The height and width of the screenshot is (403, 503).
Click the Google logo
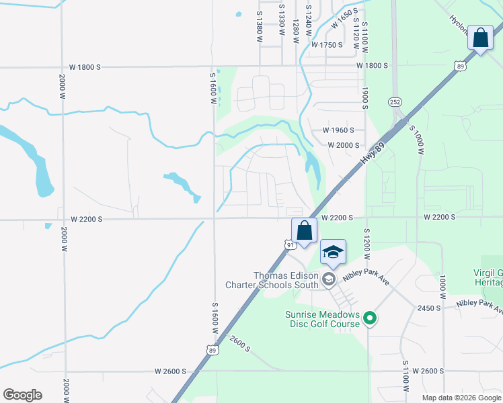pyautogui.click(x=22, y=395)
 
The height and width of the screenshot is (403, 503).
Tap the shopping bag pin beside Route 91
pyautogui.click(x=304, y=230)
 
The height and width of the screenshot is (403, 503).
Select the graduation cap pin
pyautogui.click(x=333, y=253)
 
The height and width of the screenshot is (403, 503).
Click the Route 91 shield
pyautogui.click(x=291, y=246)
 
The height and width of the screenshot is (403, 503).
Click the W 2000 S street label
pyautogui.click(x=344, y=145)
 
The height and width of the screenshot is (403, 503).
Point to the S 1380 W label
pyautogui.click(x=259, y=28)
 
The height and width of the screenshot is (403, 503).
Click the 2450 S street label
pyautogui.click(x=428, y=308)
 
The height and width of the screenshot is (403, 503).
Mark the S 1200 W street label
pyautogui.click(x=367, y=238)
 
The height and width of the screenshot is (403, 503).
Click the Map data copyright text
pyautogui.click(x=461, y=398)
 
